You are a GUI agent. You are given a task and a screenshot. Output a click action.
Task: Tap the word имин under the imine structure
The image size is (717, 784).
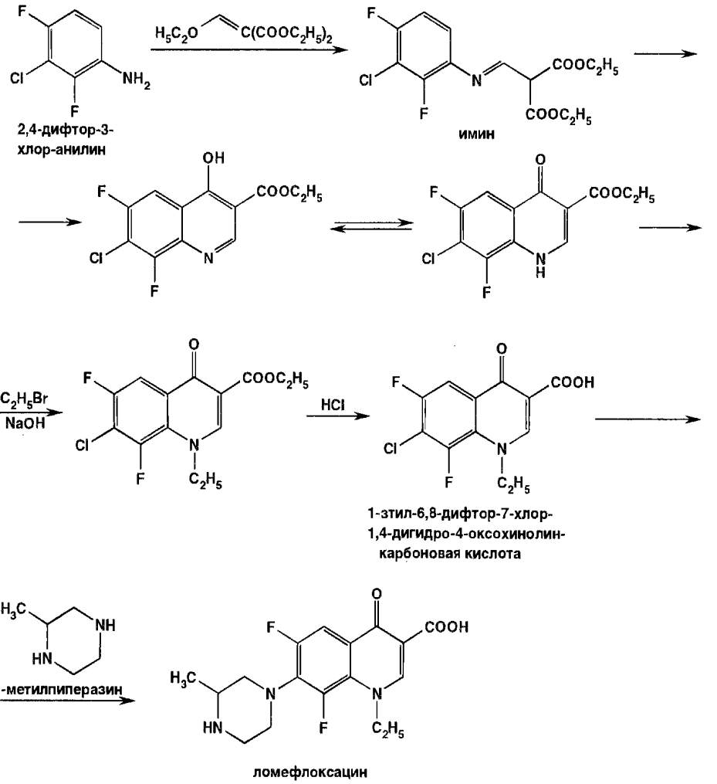(476, 134)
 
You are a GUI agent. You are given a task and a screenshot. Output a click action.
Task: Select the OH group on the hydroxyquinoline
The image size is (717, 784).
(213, 158)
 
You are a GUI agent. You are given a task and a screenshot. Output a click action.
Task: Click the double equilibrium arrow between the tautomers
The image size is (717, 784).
(372, 226)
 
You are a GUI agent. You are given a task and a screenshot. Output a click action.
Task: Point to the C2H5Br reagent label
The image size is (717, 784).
(24, 399)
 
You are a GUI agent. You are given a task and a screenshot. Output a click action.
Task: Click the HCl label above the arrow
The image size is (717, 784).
(333, 404)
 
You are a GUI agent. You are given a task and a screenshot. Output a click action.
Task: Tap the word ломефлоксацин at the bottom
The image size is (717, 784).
(309, 772)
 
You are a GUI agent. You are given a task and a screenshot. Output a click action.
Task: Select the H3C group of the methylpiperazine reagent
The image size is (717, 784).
(14, 609)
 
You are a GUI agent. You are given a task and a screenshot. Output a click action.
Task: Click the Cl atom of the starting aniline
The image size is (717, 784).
(17, 79)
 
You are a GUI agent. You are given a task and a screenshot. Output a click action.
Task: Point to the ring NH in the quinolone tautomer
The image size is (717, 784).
(540, 264)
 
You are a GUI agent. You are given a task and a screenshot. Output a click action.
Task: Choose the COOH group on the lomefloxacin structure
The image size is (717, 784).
(446, 626)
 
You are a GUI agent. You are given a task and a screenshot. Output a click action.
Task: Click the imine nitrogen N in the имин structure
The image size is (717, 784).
(477, 80)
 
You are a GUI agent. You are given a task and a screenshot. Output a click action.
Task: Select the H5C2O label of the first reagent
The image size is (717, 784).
(176, 33)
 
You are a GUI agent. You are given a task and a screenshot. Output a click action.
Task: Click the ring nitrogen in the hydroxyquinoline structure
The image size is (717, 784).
(209, 258)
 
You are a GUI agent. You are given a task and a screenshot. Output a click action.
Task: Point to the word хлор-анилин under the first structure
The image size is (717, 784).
(61, 150)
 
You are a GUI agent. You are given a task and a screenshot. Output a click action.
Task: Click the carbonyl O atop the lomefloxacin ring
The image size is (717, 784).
(377, 594)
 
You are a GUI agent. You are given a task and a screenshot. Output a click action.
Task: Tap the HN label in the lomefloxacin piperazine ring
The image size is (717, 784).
(213, 728)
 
